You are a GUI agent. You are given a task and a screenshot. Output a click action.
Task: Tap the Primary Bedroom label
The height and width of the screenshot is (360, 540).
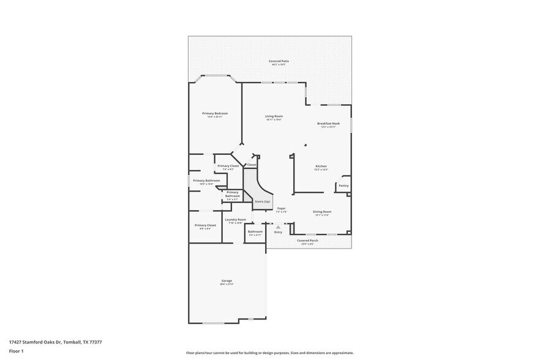(x=215, y=113)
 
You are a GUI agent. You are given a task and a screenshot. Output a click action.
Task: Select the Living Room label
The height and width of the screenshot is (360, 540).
(x=274, y=116)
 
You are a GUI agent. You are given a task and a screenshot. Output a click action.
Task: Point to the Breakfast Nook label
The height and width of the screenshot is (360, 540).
(x=328, y=123)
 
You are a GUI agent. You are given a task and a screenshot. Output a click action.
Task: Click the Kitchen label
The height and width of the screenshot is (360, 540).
(x=321, y=166)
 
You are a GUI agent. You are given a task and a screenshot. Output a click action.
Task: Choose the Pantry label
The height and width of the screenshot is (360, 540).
(x=343, y=186)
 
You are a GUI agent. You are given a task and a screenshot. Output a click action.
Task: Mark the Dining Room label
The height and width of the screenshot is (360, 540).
(x=322, y=212)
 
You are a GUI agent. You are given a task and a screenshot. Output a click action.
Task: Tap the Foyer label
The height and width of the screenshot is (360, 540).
(x=281, y=208)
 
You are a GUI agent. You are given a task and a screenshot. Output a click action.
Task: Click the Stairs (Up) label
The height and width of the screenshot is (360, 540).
(x=262, y=201)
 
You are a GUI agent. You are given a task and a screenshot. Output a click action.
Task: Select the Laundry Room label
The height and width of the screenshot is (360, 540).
(x=235, y=219)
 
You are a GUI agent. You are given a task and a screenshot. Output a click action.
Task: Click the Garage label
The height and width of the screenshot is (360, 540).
(x=227, y=280)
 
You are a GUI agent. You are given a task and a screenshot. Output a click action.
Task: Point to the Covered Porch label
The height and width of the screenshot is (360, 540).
(x=307, y=241)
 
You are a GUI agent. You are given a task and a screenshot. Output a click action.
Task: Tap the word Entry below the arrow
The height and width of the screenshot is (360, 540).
(x=278, y=232)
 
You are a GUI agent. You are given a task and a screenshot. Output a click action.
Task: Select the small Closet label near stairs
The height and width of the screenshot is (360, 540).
(x=252, y=165)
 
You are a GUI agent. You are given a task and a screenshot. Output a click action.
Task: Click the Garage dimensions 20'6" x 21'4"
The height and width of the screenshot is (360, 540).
(x=227, y=284)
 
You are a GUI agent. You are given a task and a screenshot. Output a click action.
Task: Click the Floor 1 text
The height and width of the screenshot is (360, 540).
(x=17, y=351)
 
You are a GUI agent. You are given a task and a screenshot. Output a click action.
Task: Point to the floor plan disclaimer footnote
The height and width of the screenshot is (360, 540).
(x=269, y=353)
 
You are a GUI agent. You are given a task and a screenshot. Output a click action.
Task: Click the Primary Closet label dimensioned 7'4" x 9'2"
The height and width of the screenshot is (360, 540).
(x=228, y=166)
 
